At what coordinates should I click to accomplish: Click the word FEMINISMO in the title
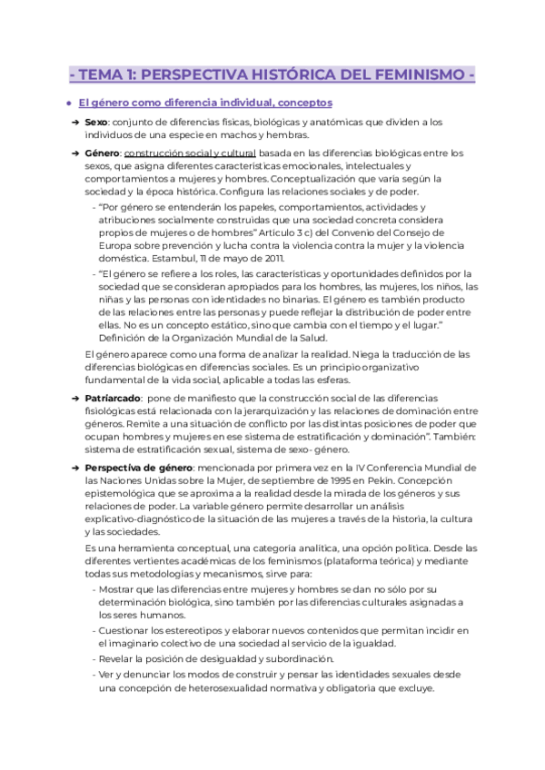point(415,74)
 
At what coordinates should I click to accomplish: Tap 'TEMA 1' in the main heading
point(111,74)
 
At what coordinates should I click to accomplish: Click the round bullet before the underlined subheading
point(69,104)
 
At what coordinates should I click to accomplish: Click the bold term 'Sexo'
point(95,122)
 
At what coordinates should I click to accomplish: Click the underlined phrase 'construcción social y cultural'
point(189,153)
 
